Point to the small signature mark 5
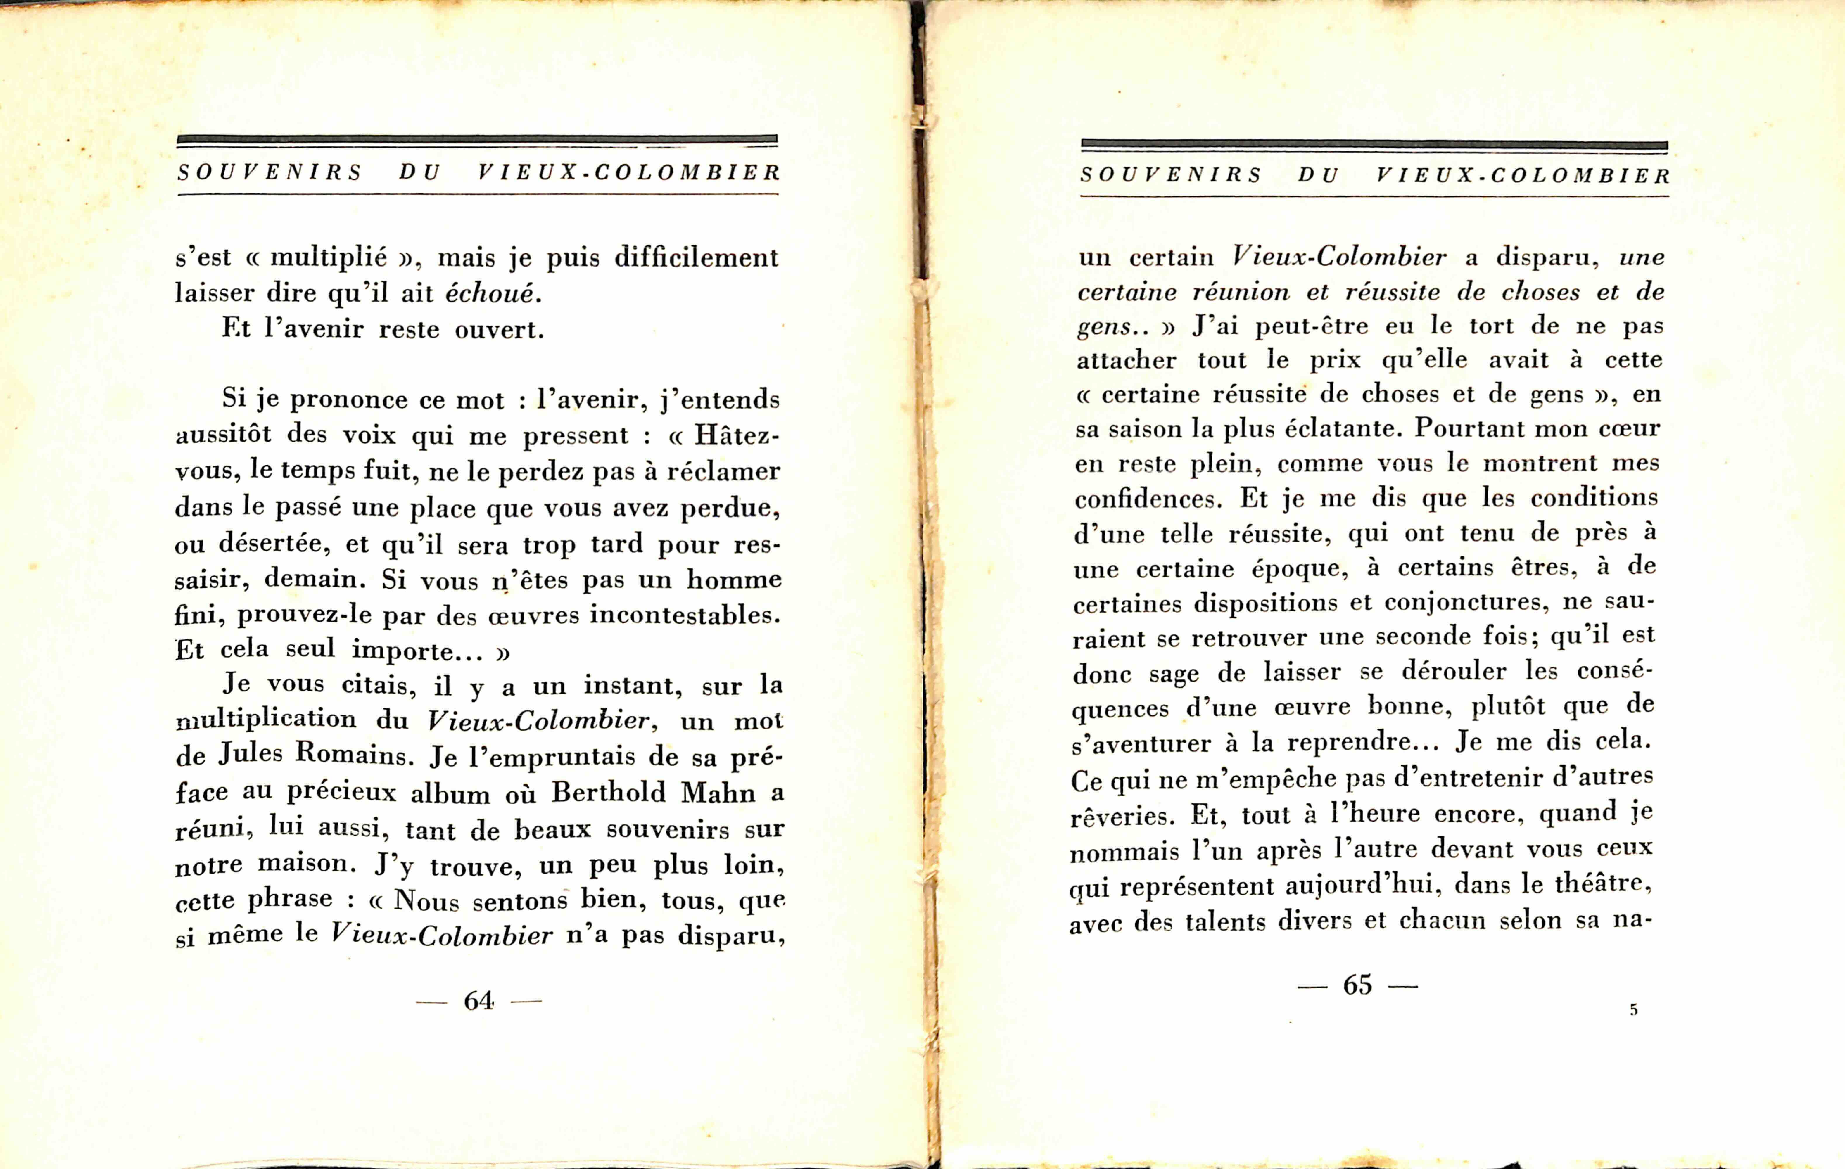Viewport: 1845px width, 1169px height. (1634, 1010)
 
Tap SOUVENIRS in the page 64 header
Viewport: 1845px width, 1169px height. (270, 172)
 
